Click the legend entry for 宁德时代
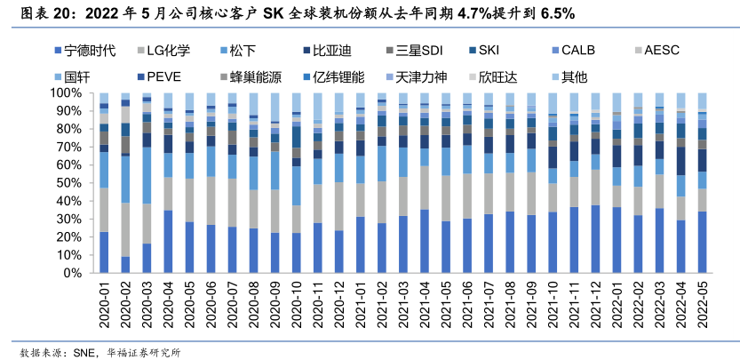click(85, 51)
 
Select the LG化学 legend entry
click(168, 51)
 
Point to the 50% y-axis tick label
click(72, 182)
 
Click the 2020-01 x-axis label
click(105, 303)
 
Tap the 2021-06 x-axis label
click(467, 303)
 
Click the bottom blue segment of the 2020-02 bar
click(125, 264)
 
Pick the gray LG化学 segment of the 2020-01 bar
click(104, 210)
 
